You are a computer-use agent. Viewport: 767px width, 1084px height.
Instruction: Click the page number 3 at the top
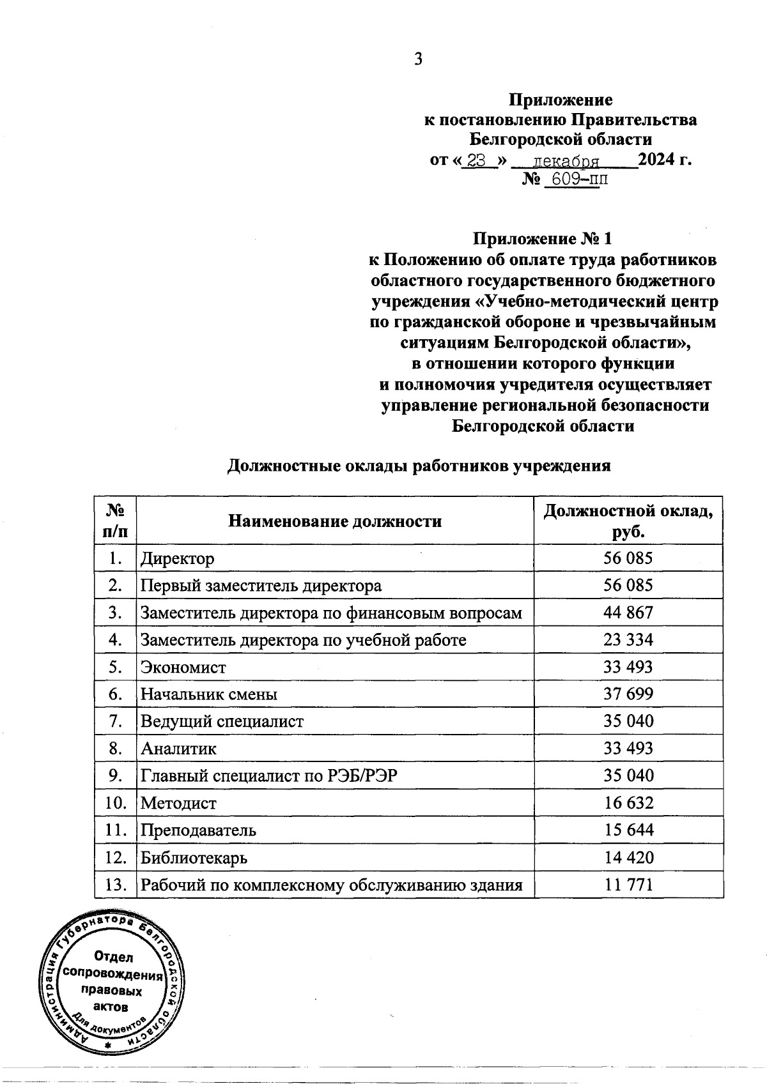418,59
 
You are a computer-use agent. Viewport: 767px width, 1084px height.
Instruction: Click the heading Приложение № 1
542,239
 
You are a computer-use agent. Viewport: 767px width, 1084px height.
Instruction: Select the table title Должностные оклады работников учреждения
419,466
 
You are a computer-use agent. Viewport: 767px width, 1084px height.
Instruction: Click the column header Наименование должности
335,521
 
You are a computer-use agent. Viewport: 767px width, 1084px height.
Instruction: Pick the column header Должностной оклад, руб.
628,521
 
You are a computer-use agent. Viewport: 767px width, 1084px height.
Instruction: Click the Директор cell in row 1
178,559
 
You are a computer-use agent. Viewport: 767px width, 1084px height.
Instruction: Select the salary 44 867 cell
628,613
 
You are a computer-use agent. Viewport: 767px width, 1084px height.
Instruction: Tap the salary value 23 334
628,640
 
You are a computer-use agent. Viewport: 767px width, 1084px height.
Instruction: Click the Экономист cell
183,668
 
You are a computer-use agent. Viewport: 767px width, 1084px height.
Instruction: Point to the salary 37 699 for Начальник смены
628,694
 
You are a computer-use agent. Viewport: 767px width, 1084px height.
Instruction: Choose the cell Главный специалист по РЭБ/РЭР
272,776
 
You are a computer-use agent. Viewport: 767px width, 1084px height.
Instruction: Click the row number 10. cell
116,804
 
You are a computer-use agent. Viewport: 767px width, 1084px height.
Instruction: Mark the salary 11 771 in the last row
628,885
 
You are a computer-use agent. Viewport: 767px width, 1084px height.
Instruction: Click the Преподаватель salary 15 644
628,830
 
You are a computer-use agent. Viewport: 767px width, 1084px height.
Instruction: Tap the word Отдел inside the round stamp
113,957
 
